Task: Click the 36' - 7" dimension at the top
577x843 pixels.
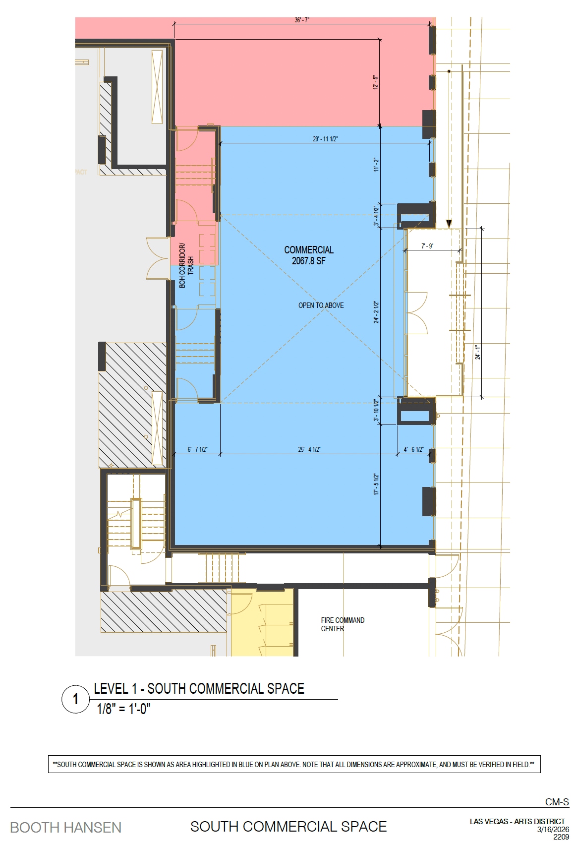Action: [x=302, y=20]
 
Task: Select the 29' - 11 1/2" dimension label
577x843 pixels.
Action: [x=325, y=139]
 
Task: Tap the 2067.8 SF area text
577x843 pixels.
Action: [x=309, y=261]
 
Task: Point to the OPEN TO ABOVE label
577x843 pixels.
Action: [x=321, y=305]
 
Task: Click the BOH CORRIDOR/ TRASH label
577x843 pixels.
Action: [x=186, y=266]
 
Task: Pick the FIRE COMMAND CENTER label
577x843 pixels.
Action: [x=343, y=624]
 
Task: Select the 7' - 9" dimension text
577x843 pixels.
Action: [x=427, y=246]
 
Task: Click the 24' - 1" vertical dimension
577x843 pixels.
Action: [x=478, y=352]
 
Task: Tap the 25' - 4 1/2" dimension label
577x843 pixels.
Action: [x=309, y=449]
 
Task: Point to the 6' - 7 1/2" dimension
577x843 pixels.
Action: [x=197, y=449]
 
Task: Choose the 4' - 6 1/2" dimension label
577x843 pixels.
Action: [x=414, y=449]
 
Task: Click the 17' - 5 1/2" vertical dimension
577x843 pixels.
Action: [x=376, y=484]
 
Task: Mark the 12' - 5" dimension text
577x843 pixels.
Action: [x=375, y=82]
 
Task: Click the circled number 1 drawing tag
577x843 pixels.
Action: [x=76, y=699]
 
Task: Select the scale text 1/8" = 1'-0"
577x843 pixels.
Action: [x=123, y=709]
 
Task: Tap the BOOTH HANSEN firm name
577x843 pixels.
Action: [x=66, y=828]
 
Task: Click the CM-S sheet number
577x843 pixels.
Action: [x=557, y=802]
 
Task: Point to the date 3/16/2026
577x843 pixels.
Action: [x=553, y=830]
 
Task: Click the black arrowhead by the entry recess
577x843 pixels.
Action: [x=449, y=224]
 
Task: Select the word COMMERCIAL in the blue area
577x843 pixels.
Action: [x=309, y=250]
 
